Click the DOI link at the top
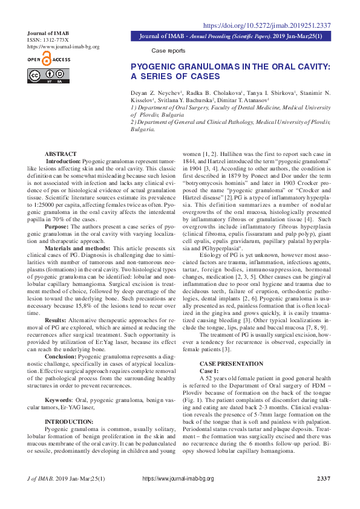coord(266,25)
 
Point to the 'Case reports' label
coord(168,51)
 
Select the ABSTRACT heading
coord(61,155)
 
